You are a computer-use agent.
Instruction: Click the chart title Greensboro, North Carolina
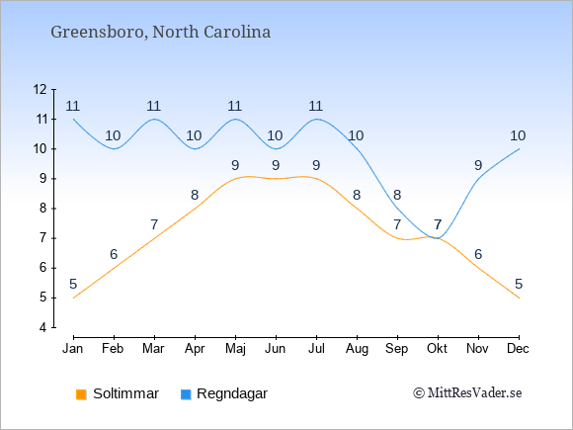click(160, 33)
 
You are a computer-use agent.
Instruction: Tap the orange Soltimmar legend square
click(81, 394)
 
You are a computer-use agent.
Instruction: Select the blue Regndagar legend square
click(186, 394)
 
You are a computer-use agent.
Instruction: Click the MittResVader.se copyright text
click(467, 393)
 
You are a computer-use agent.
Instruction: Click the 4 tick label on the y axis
click(43, 327)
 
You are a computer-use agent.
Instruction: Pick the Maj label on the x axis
click(235, 349)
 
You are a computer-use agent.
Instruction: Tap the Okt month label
click(438, 349)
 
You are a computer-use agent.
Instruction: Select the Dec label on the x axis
click(519, 349)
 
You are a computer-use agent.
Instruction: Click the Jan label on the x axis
click(73, 349)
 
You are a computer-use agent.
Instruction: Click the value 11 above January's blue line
click(73, 106)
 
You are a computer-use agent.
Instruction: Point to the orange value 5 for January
click(73, 284)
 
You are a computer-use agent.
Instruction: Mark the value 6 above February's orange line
click(114, 254)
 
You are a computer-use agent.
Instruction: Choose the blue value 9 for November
click(478, 166)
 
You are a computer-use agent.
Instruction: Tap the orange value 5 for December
click(519, 284)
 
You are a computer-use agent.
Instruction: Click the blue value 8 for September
click(397, 195)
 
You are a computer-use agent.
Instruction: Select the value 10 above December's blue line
click(518, 136)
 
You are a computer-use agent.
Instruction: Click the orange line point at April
click(195, 209)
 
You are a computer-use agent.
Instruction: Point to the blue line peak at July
click(316, 120)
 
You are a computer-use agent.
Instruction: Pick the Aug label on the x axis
click(357, 349)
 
